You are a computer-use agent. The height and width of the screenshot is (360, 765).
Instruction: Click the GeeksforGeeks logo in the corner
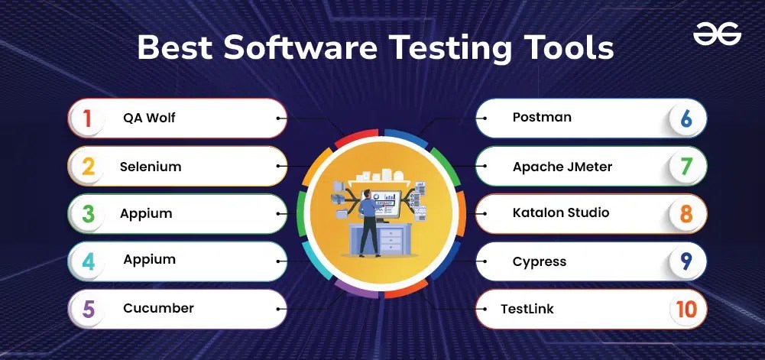(x=718, y=34)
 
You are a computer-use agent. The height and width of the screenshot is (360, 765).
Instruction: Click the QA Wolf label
(x=150, y=118)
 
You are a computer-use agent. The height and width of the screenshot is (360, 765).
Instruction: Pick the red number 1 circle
(x=88, y=118)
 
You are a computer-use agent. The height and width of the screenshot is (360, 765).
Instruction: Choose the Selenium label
(x=151, y=166)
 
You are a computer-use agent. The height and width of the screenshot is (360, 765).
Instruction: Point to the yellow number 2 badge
(x=88, y=166)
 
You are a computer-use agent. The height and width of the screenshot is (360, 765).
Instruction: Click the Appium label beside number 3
(x=146, y=213)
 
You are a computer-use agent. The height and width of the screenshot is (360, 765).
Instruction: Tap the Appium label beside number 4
(x=150, y=260)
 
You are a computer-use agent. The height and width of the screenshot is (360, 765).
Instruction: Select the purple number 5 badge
(x=88, y=309)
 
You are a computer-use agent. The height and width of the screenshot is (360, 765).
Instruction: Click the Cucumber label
(x=158, y=308)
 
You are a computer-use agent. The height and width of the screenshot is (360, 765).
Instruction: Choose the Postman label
(x=542, y=118)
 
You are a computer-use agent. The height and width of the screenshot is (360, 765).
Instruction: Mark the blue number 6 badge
(x=686, y=118)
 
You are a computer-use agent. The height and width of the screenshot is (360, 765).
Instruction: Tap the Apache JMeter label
(x=562, y=166)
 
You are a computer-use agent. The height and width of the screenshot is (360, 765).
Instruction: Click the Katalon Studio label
(x=560, y=212)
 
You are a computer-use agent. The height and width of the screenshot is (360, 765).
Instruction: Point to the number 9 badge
(x=686, y=261)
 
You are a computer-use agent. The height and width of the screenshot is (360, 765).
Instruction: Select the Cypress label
(x=539, y=261)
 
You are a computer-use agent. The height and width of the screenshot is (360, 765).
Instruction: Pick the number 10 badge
(x=686, y=309)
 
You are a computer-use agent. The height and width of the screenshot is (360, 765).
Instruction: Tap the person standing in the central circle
(x=369, y=222)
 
